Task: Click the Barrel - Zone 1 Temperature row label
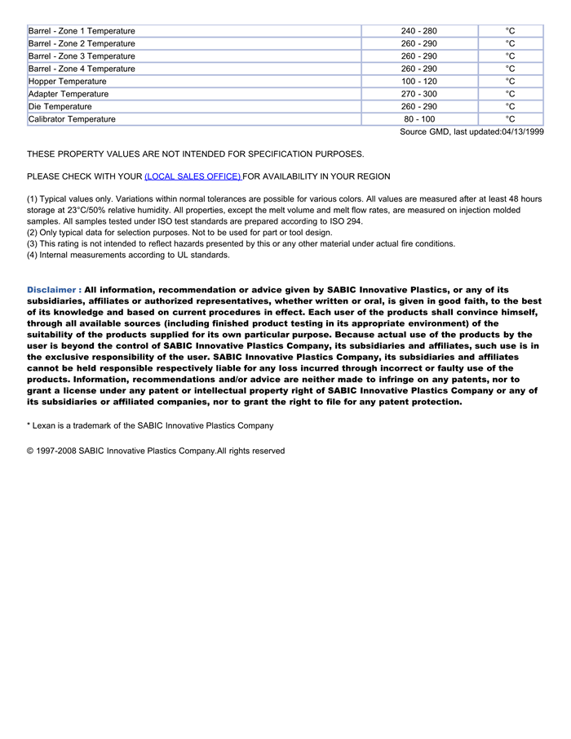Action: click(x=82, y=31)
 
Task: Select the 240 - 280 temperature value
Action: click(x=418, y=31)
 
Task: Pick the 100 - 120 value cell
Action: click(x=418, y=82)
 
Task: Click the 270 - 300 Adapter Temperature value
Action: click(x=418, y=94)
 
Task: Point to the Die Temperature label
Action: click(x=60, y=107)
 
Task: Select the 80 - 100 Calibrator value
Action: click(x=418, y=119)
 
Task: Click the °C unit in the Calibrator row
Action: click(x=510, y=119)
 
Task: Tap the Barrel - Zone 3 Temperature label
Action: click(x=82, y=56)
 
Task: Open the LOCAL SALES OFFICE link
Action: click(x=193, y=176)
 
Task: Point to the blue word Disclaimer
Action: click(x=53, y=290)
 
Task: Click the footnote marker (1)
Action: click(x=33, y=198)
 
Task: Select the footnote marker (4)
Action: click(x=33, y=255)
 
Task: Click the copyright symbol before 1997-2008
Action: click(x=30, y=451)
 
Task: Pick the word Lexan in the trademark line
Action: click(x=45, y=425)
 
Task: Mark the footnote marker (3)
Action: click(x=33, y=243)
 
